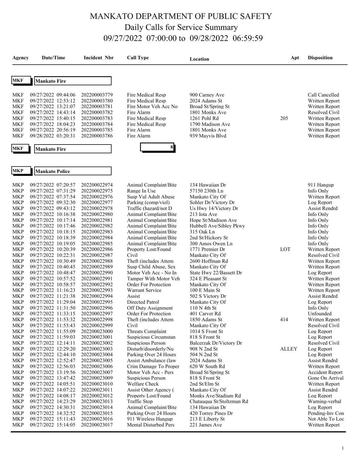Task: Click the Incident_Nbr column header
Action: [x=98, y=58]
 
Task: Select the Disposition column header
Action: [x=320, y=58]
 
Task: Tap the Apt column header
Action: [x=295, y=58]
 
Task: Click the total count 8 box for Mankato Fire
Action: [x=157, y=148]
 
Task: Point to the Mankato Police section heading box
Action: [x=73, y=171]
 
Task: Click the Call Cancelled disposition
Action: [x=323, y=95]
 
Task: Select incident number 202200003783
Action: [x=97, y=118]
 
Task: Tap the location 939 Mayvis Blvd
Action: [x=208, y=136]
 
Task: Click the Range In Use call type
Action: [x=141, y=191]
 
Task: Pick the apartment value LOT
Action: [x=285, y=249]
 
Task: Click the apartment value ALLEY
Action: [x=289, y=349]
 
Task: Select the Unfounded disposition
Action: [x=319, y=314]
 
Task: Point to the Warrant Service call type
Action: [x=144, y=290]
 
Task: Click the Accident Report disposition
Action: [x=325, y=372]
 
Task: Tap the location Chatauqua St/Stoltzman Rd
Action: [x=219, y=402]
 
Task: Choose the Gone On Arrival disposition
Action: [x=325, y=378]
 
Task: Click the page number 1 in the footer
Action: [x=343, y=448]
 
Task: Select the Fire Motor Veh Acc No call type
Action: [x=152, y=107]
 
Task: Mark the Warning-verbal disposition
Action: [x=324, y=402]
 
